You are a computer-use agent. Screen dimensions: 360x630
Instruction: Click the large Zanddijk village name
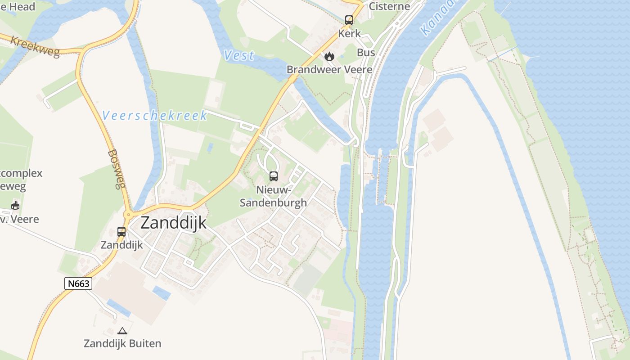(x=173, y=223)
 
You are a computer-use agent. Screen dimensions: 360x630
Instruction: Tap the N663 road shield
(x=78, y=283)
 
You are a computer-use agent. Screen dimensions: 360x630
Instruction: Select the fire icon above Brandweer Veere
(x=329, y=56)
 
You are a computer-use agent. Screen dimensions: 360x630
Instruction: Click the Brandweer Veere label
(x=329, y=70)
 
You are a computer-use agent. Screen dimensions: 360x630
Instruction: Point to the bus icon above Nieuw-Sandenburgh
(x=273, y=176)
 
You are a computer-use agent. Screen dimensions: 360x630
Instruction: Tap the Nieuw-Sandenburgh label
(x=273, y=196)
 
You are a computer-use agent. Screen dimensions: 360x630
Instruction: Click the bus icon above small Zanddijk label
(x=121, y=232)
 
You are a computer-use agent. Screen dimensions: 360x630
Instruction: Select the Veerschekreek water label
(x=155, y=116)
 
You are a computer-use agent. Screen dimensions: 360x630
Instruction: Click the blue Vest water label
(x=239, y=56)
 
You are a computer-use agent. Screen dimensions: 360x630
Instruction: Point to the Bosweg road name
(x=116, y=169)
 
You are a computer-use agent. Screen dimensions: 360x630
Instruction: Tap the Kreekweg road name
(x=35, y=47)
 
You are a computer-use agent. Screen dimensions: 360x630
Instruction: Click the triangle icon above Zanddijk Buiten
(x=122, y=331)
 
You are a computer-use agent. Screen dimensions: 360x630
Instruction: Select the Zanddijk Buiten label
(x=122, y=343)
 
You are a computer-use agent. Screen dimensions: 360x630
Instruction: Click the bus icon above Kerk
(x=349, y=20)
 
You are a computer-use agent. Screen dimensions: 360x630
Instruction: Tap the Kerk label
(x=350, y=33)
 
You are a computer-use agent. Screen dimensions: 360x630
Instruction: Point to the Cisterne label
(x=389, y=6)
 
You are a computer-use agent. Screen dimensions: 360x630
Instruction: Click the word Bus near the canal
(x=366, y=53)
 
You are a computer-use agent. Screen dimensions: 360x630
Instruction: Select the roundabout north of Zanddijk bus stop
(x=128, y=214)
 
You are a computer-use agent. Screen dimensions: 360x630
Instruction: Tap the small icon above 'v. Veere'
(x=16, y=206)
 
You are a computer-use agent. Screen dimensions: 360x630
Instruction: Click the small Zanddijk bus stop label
(x=121, y=245)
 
